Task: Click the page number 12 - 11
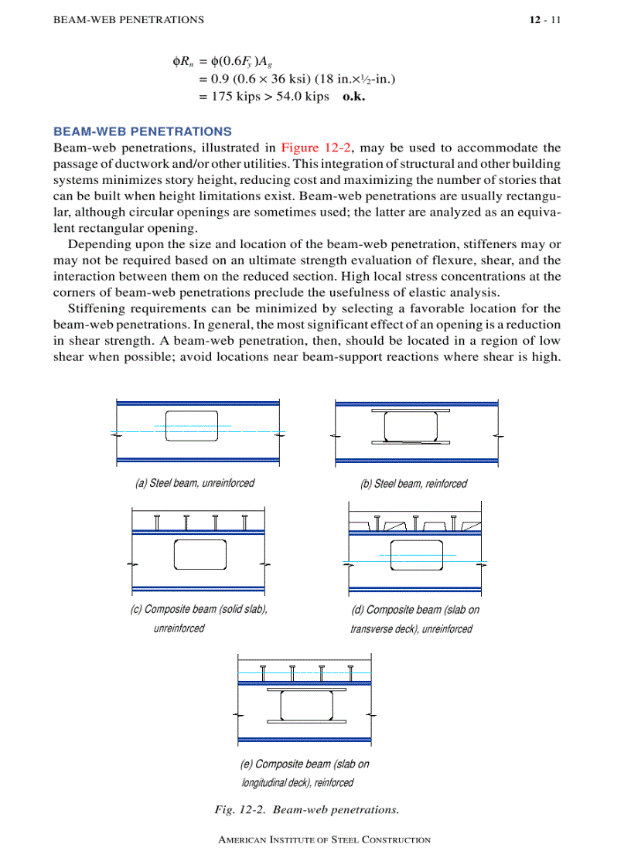pos(544,19)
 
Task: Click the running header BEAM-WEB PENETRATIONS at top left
pos(128,19)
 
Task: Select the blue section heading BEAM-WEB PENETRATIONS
pos(142,132)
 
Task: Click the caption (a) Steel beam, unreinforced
pos(194,483)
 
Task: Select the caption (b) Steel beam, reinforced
pos(414,484)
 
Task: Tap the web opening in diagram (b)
pos(411,427)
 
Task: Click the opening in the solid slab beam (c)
pos(200,554)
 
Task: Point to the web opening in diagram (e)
pos(306,705)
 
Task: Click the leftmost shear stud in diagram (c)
pos(158,523)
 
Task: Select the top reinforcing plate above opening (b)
pos(411,410)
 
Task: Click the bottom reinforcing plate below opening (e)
pos(306,722)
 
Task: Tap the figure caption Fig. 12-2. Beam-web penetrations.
pos(306,810)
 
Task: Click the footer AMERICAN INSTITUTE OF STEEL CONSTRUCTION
pos(325,839)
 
